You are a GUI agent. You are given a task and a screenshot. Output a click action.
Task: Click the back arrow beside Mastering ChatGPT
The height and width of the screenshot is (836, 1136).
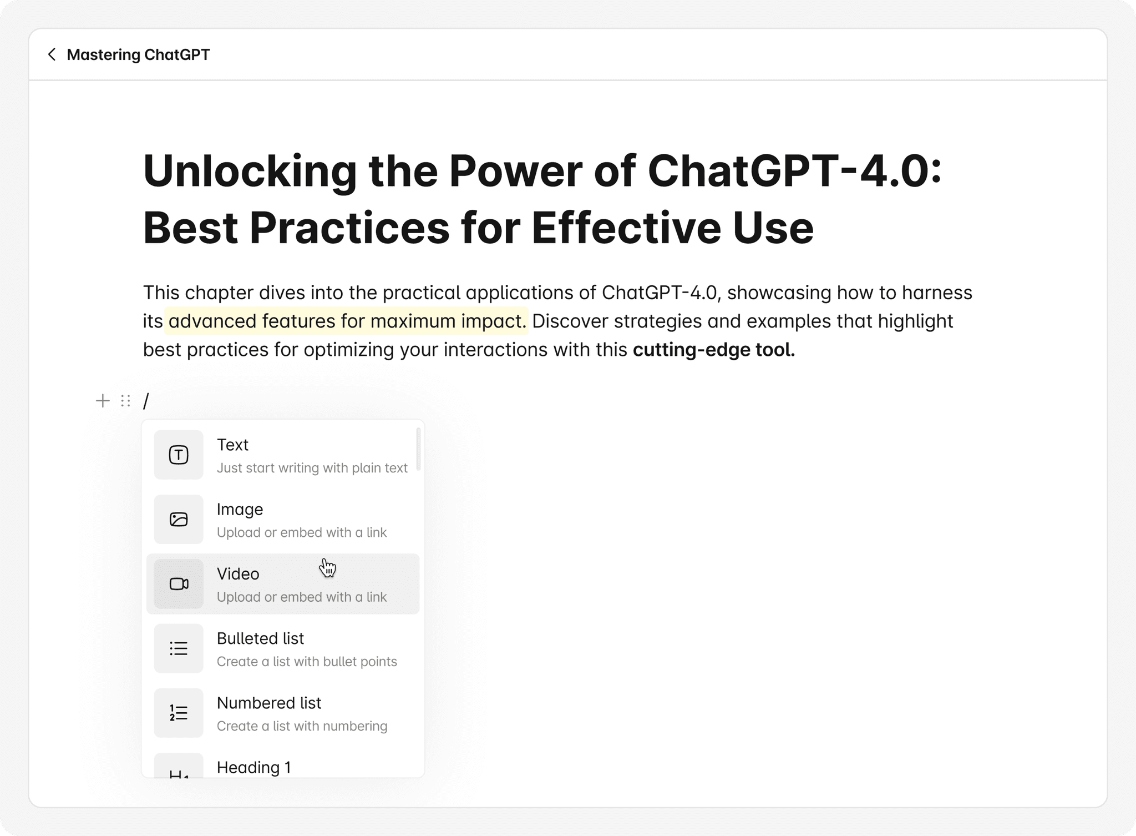(52, 54)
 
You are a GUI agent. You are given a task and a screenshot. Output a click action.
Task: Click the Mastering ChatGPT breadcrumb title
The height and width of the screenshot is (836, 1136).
(138, 54)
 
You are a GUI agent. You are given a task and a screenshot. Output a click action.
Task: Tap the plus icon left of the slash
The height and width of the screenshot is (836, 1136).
(103, 401)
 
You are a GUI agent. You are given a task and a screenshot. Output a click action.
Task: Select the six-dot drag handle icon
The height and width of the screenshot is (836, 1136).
(126, 401)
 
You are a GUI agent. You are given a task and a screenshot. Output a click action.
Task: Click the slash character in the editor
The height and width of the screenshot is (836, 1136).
(146, 401)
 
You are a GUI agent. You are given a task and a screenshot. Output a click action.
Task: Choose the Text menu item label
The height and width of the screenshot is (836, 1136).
(232, 445)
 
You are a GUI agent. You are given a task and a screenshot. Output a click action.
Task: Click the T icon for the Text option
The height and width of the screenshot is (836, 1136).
(179, 455)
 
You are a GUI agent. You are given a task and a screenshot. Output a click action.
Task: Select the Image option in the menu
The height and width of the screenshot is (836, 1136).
(240, 509)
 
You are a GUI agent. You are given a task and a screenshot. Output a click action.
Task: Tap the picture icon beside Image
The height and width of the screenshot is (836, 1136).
(179, 519)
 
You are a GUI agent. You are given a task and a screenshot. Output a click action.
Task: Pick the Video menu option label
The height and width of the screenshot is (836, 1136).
(238, 573)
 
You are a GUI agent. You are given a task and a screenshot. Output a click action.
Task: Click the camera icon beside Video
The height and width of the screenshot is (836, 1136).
(179, 584)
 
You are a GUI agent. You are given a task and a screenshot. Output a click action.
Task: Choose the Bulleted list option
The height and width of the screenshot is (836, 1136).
(260, 638)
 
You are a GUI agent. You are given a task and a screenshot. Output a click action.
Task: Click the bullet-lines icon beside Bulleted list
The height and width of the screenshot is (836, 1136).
(179, 648)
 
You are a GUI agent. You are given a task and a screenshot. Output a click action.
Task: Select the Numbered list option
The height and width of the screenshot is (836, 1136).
(269, 703)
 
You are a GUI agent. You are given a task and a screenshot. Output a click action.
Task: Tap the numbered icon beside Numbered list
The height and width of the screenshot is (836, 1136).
(179, 713)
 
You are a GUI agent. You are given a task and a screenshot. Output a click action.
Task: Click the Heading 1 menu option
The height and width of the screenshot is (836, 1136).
(253, 767)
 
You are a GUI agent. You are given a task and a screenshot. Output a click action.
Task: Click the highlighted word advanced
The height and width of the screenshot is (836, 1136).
(212, 321)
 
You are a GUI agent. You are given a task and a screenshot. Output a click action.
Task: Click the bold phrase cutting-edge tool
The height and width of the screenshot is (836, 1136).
(714, 350)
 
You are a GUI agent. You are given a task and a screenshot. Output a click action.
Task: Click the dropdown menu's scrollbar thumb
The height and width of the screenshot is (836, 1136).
(418, 449)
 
